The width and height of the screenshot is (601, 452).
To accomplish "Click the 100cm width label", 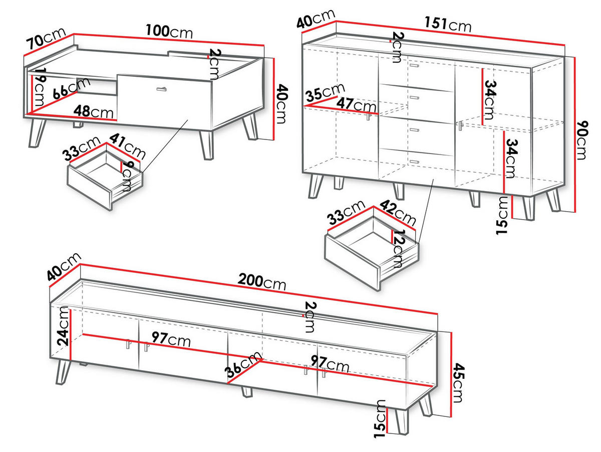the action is pos(169,32).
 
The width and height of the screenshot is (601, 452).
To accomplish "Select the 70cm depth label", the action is pos(46,39).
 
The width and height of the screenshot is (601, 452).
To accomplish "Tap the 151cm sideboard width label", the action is pos(448,24).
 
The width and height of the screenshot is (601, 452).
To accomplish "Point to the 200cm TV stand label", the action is pos(262,281).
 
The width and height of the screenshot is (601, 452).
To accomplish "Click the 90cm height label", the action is pos(581,140).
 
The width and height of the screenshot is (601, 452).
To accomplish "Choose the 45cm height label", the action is pos(458,383).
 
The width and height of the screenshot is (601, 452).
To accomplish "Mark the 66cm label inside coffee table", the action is pos(71,88).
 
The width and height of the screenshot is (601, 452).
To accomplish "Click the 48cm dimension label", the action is pos(93,112).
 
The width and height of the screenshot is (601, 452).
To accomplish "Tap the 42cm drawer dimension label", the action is pos(398,212).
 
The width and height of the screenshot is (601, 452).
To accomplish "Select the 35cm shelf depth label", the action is pos(325,92).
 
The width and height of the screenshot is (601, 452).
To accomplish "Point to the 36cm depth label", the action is pos(242,364).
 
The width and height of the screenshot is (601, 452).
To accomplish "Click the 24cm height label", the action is pos(63,326).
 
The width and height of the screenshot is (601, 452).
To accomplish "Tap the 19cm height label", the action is pos(39,87).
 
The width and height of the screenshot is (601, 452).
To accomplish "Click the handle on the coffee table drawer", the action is pos(162,89).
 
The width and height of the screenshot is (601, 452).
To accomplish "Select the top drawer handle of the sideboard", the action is pos(415,65).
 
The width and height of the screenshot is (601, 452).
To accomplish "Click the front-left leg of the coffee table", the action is pos(37,133).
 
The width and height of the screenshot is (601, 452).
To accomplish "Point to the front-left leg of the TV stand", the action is pos(63,372).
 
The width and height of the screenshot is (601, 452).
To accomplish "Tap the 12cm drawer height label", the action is pos(398,249).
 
